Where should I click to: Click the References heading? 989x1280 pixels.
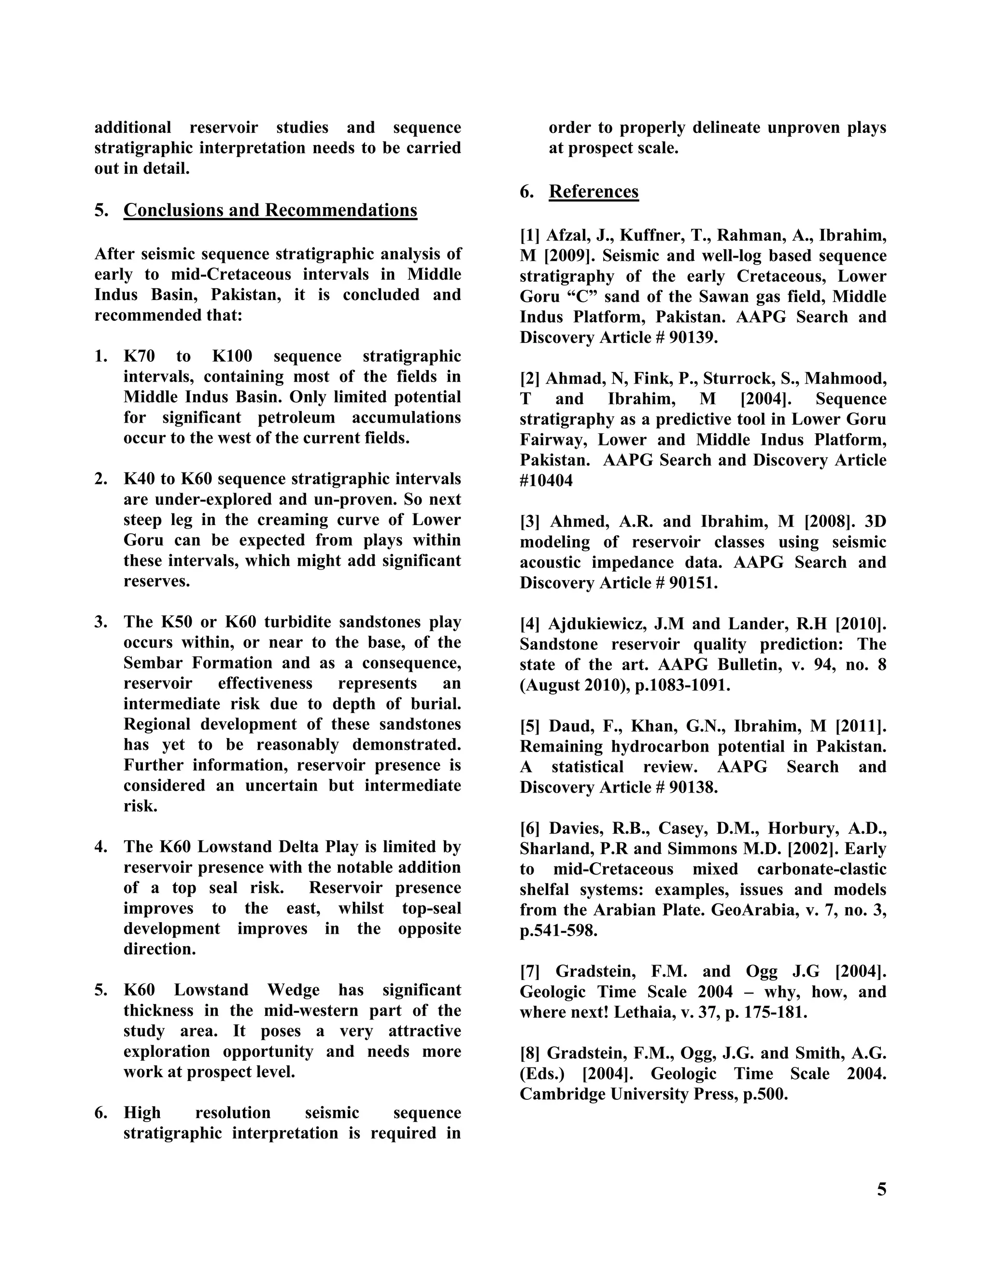(593, 192)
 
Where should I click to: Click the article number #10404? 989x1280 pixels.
(546, 481)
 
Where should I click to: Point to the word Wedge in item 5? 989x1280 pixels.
(294, 990)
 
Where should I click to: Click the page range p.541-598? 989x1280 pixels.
(558, 931)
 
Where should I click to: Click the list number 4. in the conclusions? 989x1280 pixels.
(101, 847)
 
